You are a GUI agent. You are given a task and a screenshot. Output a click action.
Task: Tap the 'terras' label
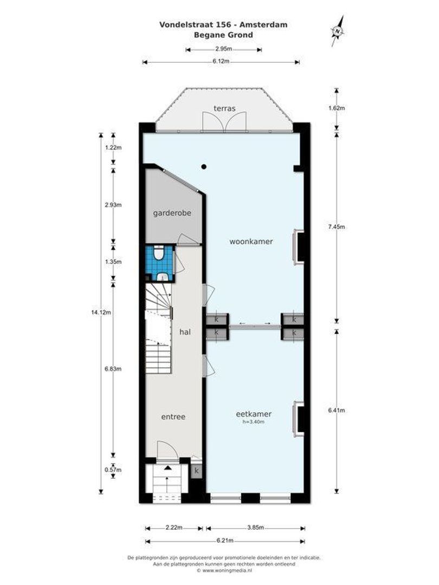tap(224, 108)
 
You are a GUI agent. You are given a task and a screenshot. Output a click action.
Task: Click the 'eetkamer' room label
tap(254, 413)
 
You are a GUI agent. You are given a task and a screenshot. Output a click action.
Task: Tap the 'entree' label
tap(173, 417)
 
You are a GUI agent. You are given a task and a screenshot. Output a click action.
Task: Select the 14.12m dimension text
tap(100, 311)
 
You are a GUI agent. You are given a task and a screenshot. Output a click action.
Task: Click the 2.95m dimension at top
tap(223, 49)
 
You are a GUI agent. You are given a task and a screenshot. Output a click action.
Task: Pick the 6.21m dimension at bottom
tap(224, 540)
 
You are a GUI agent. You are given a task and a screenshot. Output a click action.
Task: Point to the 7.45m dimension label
tap(337, 227)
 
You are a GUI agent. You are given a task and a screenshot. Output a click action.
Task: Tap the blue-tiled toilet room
tap(160, 263)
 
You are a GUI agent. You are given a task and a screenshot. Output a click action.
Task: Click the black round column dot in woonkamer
tap(204, 166)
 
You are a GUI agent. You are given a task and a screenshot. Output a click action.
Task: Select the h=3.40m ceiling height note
tap(254, 421)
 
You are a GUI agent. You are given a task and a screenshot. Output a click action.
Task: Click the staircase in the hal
tap(158, 330)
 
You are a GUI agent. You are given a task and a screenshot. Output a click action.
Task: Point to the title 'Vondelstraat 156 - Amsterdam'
tap(223, 24)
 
